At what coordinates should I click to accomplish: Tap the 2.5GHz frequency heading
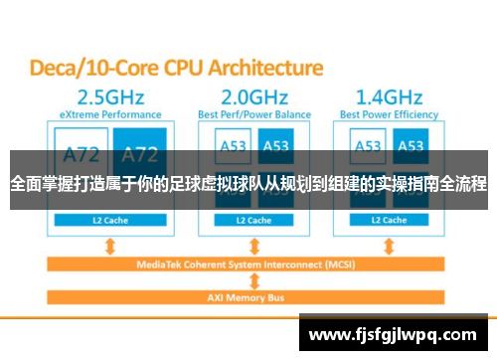pyautogui.click(x=104, y=99)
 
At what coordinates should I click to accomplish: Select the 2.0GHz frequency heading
pyautogui.click(x=255, y=99)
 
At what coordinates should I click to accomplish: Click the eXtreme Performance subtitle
pyautogui.click(x=104, y=115)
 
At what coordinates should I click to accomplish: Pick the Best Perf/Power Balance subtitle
pyautogui.click(x=255, y=115)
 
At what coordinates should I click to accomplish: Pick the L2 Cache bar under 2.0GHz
pyautogui.click(x=254, y=219)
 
